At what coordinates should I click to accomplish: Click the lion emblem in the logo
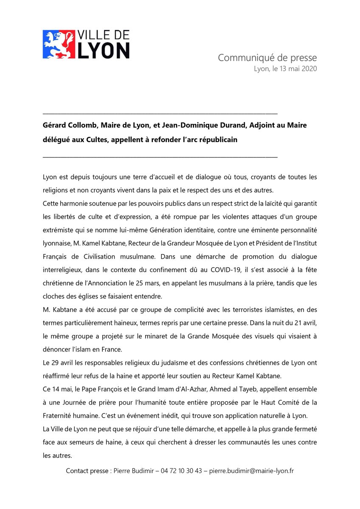tap(58, 44)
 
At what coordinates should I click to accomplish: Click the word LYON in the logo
tap(104, 50)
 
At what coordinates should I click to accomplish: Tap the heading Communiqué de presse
tap(267, 58)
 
